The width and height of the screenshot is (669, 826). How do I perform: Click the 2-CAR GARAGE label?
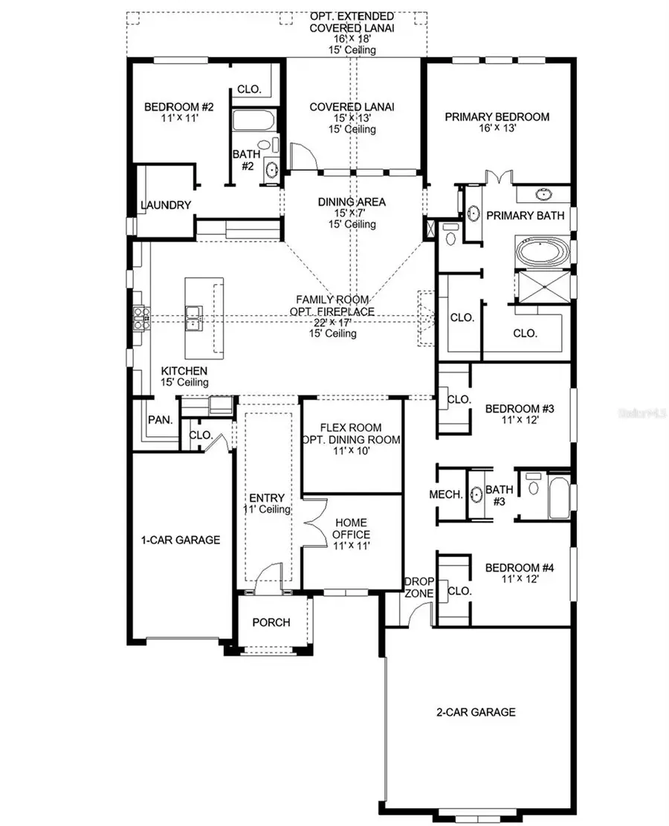pos(476,712)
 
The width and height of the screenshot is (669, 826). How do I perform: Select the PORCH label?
pos(271,622)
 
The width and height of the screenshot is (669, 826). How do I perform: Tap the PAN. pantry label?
pos(160,420)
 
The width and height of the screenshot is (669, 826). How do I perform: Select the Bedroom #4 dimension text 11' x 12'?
pos(510,581)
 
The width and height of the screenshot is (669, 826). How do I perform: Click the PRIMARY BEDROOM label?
pos(497,117)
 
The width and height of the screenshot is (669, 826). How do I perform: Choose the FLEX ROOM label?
pos(351,427)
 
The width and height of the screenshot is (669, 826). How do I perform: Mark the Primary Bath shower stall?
pos(542,286)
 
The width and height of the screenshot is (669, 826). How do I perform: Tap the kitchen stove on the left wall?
pos(138,317)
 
